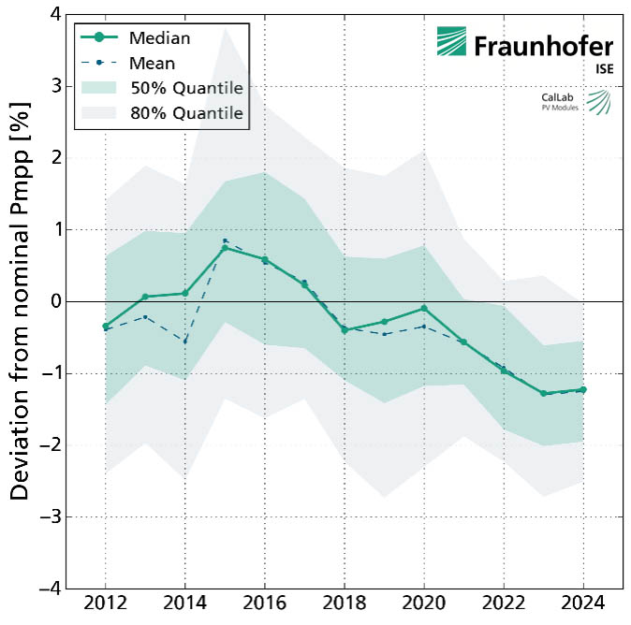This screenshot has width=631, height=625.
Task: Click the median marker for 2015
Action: tap(225, 248)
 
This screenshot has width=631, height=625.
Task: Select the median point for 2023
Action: tap(543, 393)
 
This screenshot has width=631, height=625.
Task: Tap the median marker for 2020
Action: tap(424, 308)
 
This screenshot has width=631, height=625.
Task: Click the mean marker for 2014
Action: tap(185, 342)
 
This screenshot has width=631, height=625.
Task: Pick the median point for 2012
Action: tap(106, 327)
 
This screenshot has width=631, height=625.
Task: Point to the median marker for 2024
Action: tap(582, 389)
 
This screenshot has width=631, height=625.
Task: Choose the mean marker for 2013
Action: tap(145, 316)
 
